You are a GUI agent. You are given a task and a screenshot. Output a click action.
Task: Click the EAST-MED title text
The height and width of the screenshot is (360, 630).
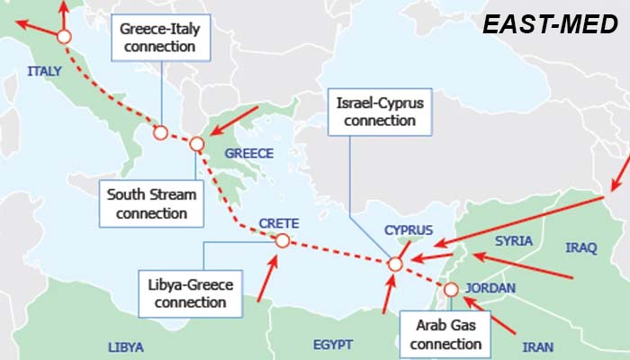click(550, 25)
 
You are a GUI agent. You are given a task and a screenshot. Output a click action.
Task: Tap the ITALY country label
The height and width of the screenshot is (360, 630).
click(44, 70)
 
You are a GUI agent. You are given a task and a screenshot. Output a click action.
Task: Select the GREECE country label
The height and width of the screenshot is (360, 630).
click(248, 153)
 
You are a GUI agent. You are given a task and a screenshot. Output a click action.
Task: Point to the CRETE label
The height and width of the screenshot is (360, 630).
click(278, 223)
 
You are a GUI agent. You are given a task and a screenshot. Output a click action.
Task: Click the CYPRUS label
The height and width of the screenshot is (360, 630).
click(409, 229)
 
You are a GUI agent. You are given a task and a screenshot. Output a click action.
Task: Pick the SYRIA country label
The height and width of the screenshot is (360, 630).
click(514, 240)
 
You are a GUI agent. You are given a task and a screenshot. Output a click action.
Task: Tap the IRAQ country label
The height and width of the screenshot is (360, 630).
click(581, 247)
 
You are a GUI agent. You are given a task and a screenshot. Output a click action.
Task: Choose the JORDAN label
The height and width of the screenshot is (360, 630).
click(491, 288)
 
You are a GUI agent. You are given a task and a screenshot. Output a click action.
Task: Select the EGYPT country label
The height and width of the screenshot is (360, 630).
click(333, 344)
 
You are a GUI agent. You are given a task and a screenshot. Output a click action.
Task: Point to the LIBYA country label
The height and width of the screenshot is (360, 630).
click(125, 346)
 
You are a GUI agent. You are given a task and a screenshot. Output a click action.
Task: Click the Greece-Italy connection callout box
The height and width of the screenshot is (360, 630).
click(160, 37)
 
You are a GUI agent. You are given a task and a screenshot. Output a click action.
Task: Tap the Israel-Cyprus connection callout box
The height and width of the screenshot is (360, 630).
click(379, 112)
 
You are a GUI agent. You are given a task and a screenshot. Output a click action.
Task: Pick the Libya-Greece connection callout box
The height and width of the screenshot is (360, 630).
click(190, 293)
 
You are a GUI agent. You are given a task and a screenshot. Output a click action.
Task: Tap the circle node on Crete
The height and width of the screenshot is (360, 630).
click(282, 240)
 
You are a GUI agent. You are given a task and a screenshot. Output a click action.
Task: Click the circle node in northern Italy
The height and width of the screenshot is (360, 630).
click(63, 37)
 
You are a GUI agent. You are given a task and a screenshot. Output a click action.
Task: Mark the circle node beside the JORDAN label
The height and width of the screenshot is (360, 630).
click(451, 289)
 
